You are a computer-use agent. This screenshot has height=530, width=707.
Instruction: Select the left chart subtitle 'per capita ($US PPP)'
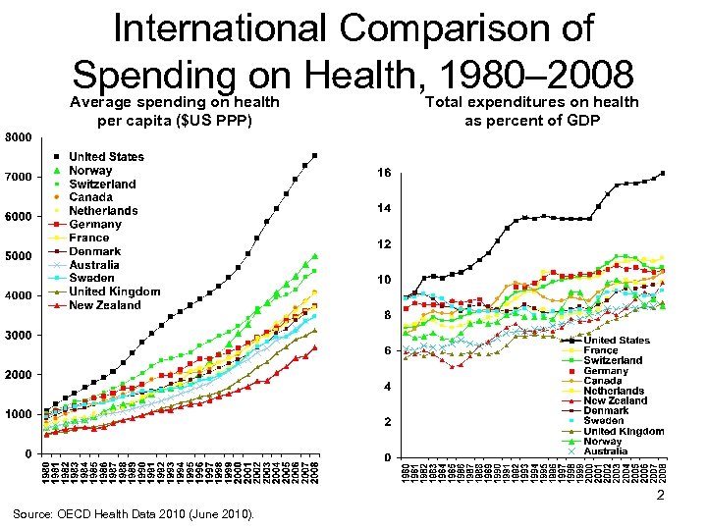click(x=175, y=121)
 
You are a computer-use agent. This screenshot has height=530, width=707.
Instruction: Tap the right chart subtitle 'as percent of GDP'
click(x=531, y=121)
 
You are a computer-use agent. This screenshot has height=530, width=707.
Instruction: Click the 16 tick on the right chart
click(x=385, y=173)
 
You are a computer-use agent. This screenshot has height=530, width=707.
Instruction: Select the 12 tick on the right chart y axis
click(x=385, y=243)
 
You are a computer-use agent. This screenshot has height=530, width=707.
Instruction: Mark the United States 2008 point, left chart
click(x=314, y=155)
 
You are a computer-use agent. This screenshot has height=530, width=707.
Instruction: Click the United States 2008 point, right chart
click(x=663, y=173)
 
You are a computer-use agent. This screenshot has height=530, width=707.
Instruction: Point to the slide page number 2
click(x=661, y=496)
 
